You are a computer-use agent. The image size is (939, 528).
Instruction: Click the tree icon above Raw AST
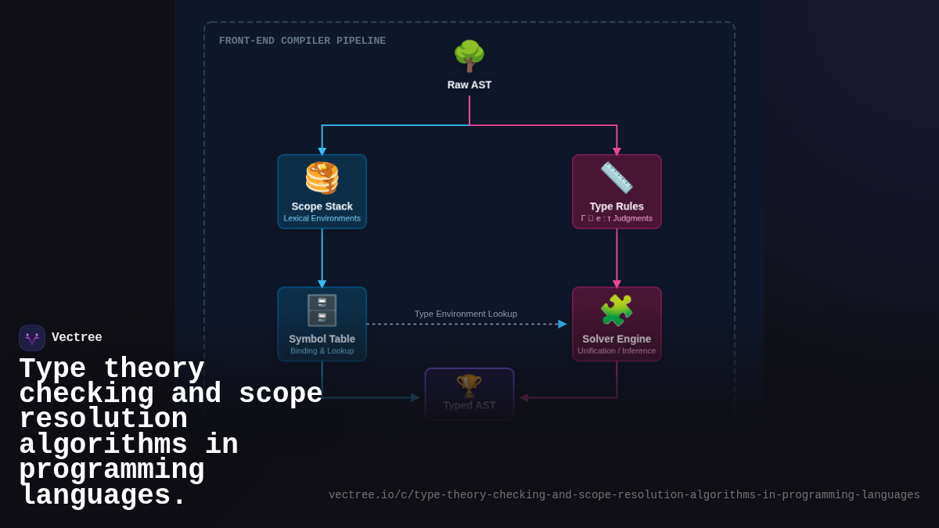click(469, 56)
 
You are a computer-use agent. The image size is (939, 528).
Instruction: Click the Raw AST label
click(469, 84)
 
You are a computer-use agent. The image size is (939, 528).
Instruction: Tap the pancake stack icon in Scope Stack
click(322, 178)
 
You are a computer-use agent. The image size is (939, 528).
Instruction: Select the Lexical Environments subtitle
click(322, 218)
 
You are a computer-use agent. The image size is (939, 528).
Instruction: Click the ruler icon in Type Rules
click(617, 178)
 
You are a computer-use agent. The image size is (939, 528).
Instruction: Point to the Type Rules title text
click(617, 207)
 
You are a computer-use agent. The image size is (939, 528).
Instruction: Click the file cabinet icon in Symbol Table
click(322, 311)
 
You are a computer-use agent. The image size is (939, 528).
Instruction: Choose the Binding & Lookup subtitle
click(322, 350)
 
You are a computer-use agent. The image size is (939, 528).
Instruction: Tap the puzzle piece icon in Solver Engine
click(617, 311)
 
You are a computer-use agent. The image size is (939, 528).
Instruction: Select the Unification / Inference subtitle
click(617, 350)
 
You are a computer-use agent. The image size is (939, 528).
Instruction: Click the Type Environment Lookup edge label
click(466, 314)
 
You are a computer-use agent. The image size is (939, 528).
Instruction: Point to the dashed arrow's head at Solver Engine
click(563, 324)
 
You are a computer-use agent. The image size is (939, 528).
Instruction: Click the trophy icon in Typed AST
click(469, 385)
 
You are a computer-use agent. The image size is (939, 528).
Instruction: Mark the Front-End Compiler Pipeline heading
click(302, 41)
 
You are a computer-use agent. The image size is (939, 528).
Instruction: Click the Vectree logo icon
click(32, 338)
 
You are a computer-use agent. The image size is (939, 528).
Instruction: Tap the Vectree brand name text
click(77, 338)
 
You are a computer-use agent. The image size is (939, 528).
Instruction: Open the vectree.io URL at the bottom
click(624, 495)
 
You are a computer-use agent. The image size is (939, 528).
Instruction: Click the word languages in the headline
click(103, 496)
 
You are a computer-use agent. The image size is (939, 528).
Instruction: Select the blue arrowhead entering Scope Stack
click(322, 152)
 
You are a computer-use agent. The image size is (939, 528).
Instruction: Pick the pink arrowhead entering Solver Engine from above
click(617, 284)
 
